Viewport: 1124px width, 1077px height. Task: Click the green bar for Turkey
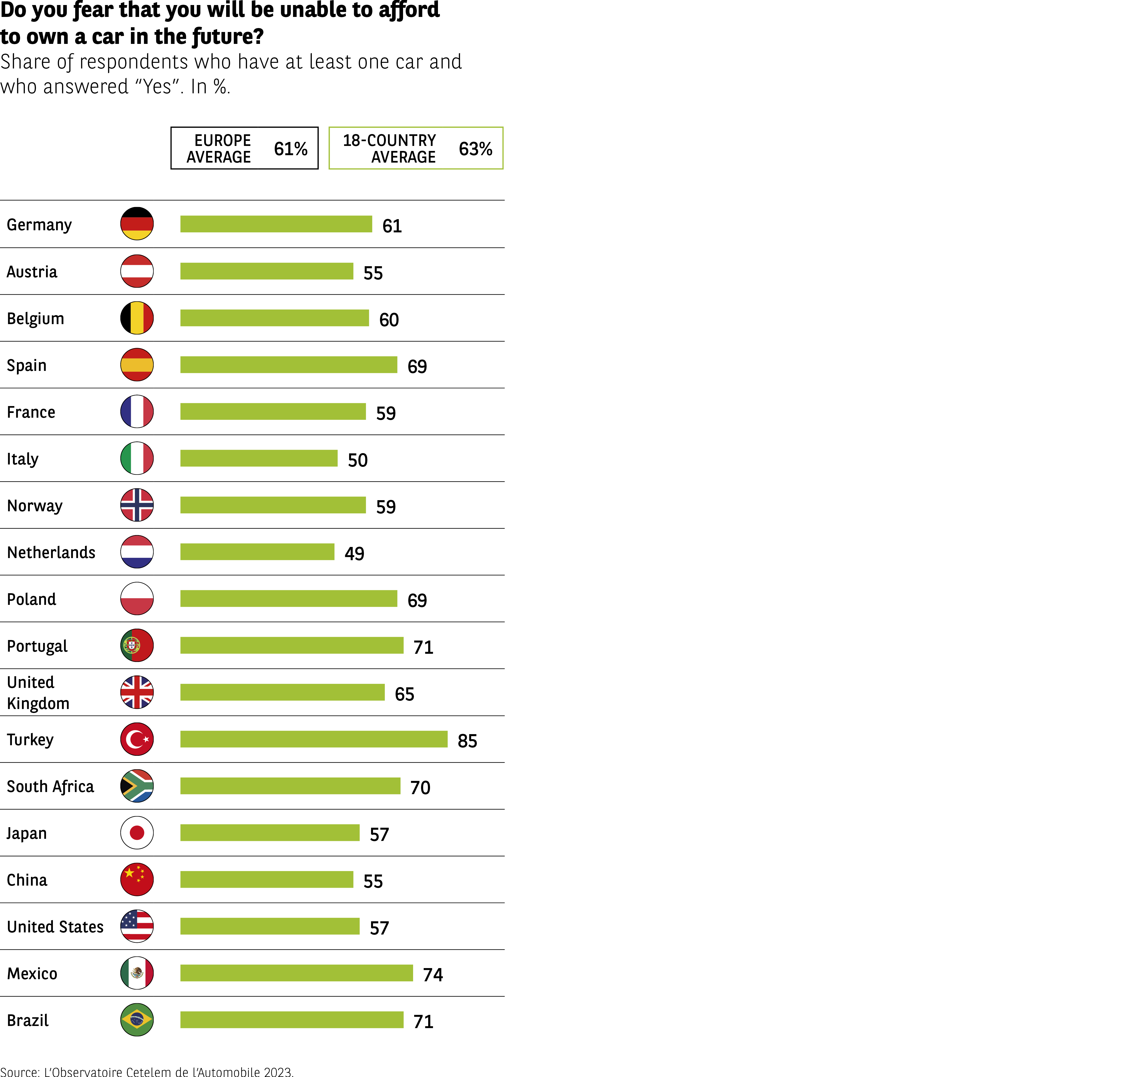point(314,739)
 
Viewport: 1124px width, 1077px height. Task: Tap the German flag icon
point(137,224)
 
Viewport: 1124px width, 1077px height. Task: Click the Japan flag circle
point(137,832)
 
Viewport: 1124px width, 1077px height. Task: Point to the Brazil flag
point(137,1020)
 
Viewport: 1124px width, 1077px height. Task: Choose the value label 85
point(467,740)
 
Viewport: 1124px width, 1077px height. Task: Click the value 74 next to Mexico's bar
point(433,974)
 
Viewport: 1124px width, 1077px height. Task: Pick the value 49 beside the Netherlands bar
point(354,553)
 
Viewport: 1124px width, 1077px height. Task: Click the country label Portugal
point(37,646)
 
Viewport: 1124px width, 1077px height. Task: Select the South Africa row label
point(51,786)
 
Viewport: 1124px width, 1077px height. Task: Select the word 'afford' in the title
point(409,10)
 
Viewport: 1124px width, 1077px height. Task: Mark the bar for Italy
point(259,458)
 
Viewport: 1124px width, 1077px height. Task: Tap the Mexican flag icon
point(137,973)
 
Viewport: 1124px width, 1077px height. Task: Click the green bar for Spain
point(289,365)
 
